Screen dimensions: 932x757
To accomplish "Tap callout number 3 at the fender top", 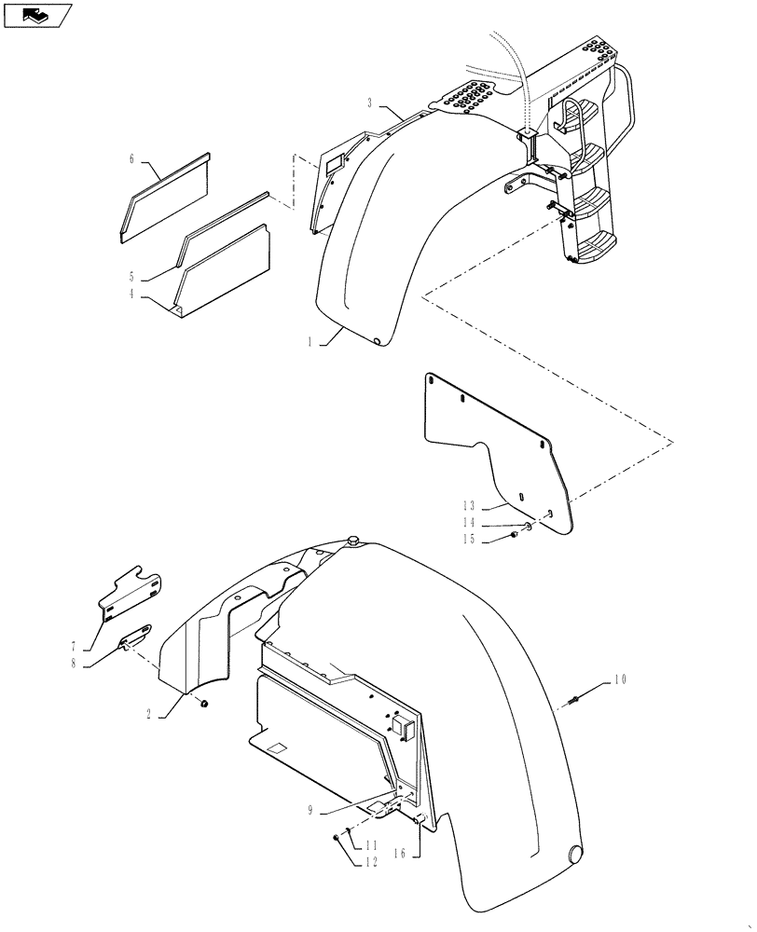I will click(x=370, y=102).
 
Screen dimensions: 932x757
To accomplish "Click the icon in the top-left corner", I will click(x=37, y=16).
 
